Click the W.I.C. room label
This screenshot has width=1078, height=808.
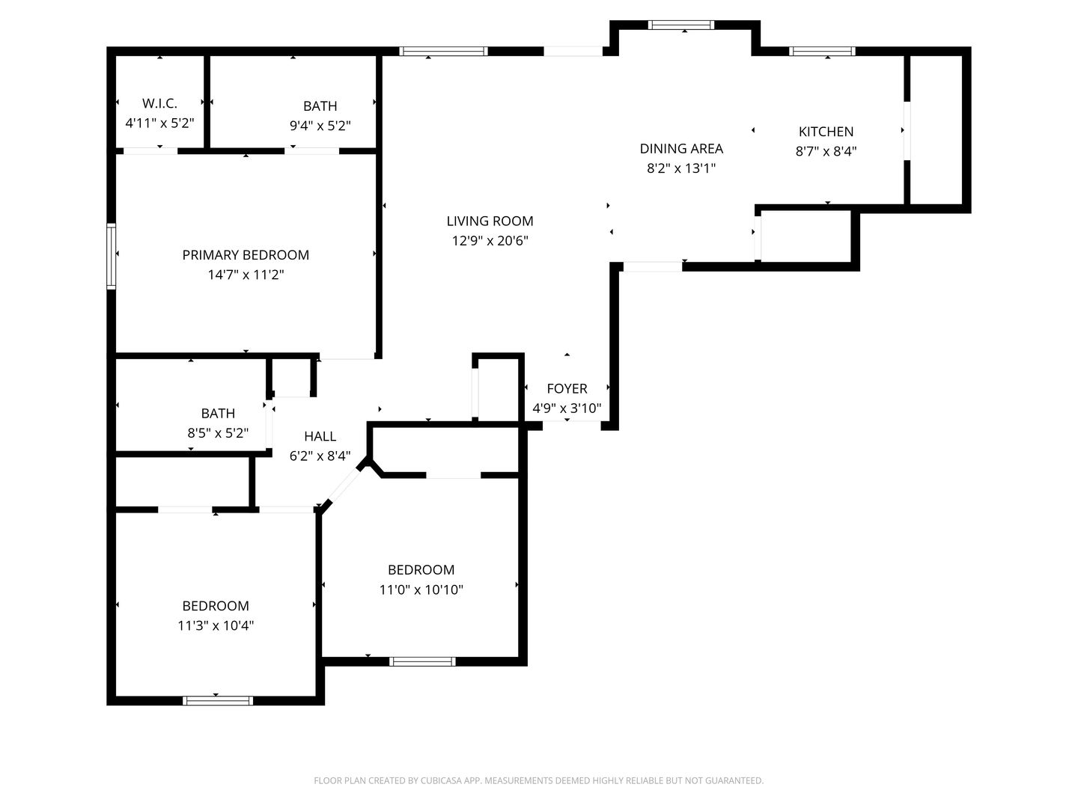click(159, 103)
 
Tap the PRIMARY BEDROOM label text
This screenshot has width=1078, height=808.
click(246, 255)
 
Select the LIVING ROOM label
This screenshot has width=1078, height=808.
click(490, 221)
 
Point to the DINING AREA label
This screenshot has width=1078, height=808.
click(681, 149)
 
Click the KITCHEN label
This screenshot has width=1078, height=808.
click(826, 132)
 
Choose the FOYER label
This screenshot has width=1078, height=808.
click(567, 388)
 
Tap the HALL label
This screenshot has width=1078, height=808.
click(320, 436)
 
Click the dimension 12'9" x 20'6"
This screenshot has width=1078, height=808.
click(490, 241)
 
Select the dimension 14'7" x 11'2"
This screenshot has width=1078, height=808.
click(246, 275)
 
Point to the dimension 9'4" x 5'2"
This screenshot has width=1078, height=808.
click(320, 126)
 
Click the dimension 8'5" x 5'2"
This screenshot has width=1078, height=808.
click(218, 432)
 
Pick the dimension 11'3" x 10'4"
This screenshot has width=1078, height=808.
click(216, 625)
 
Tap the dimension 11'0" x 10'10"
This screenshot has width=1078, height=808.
click(421, 590)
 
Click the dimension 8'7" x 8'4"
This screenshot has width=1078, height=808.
click(826, 151)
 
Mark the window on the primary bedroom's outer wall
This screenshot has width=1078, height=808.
click(112, 256)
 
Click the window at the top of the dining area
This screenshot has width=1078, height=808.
click(680, 25)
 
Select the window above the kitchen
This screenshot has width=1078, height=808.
click(822, 52)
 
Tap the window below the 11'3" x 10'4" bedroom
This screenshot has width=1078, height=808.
click(218, 701)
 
